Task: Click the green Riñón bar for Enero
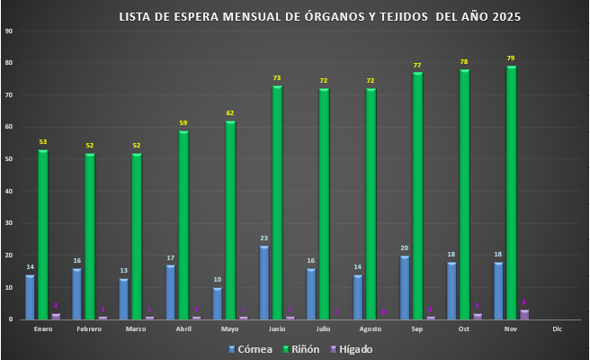(42, 234)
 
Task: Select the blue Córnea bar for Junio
(264, 283)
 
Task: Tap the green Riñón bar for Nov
(511, 193)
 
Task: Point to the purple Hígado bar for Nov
(525, 315)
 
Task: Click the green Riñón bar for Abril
(183, 225)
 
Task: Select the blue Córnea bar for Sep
(406, 287)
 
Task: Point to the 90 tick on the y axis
(8, 31)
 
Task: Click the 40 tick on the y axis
(8, 191)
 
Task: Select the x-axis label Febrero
(89, 329)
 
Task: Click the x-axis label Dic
(557, 329)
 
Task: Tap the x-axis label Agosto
(370, 329)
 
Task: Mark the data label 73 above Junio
(277, 78)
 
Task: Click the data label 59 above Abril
(183, 123)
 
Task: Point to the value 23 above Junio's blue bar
(264, 238)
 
